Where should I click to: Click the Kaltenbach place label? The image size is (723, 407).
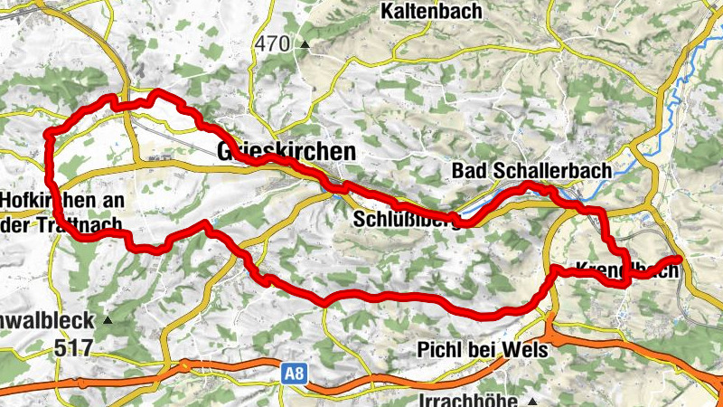tap(431, 12)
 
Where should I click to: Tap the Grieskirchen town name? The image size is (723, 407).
tap(286, 151)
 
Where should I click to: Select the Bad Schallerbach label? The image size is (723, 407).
tap(531, 170)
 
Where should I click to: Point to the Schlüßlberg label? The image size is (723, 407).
tap(405, 221)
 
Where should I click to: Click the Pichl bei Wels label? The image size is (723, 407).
tap(483, 349)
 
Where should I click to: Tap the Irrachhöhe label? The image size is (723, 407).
tap(468, 400)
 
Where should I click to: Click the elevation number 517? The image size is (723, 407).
tap(73, 347)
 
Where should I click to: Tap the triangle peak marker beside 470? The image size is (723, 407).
tap(305, 44)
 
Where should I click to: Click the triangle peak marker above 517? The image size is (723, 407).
tap(110, 320)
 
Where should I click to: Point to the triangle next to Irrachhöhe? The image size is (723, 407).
tap(534, 400)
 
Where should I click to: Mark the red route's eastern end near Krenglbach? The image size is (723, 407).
tap(677, 260)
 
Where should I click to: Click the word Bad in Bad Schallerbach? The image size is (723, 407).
tap(468, 170)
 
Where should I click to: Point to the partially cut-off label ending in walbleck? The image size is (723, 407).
tap(46, 320)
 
